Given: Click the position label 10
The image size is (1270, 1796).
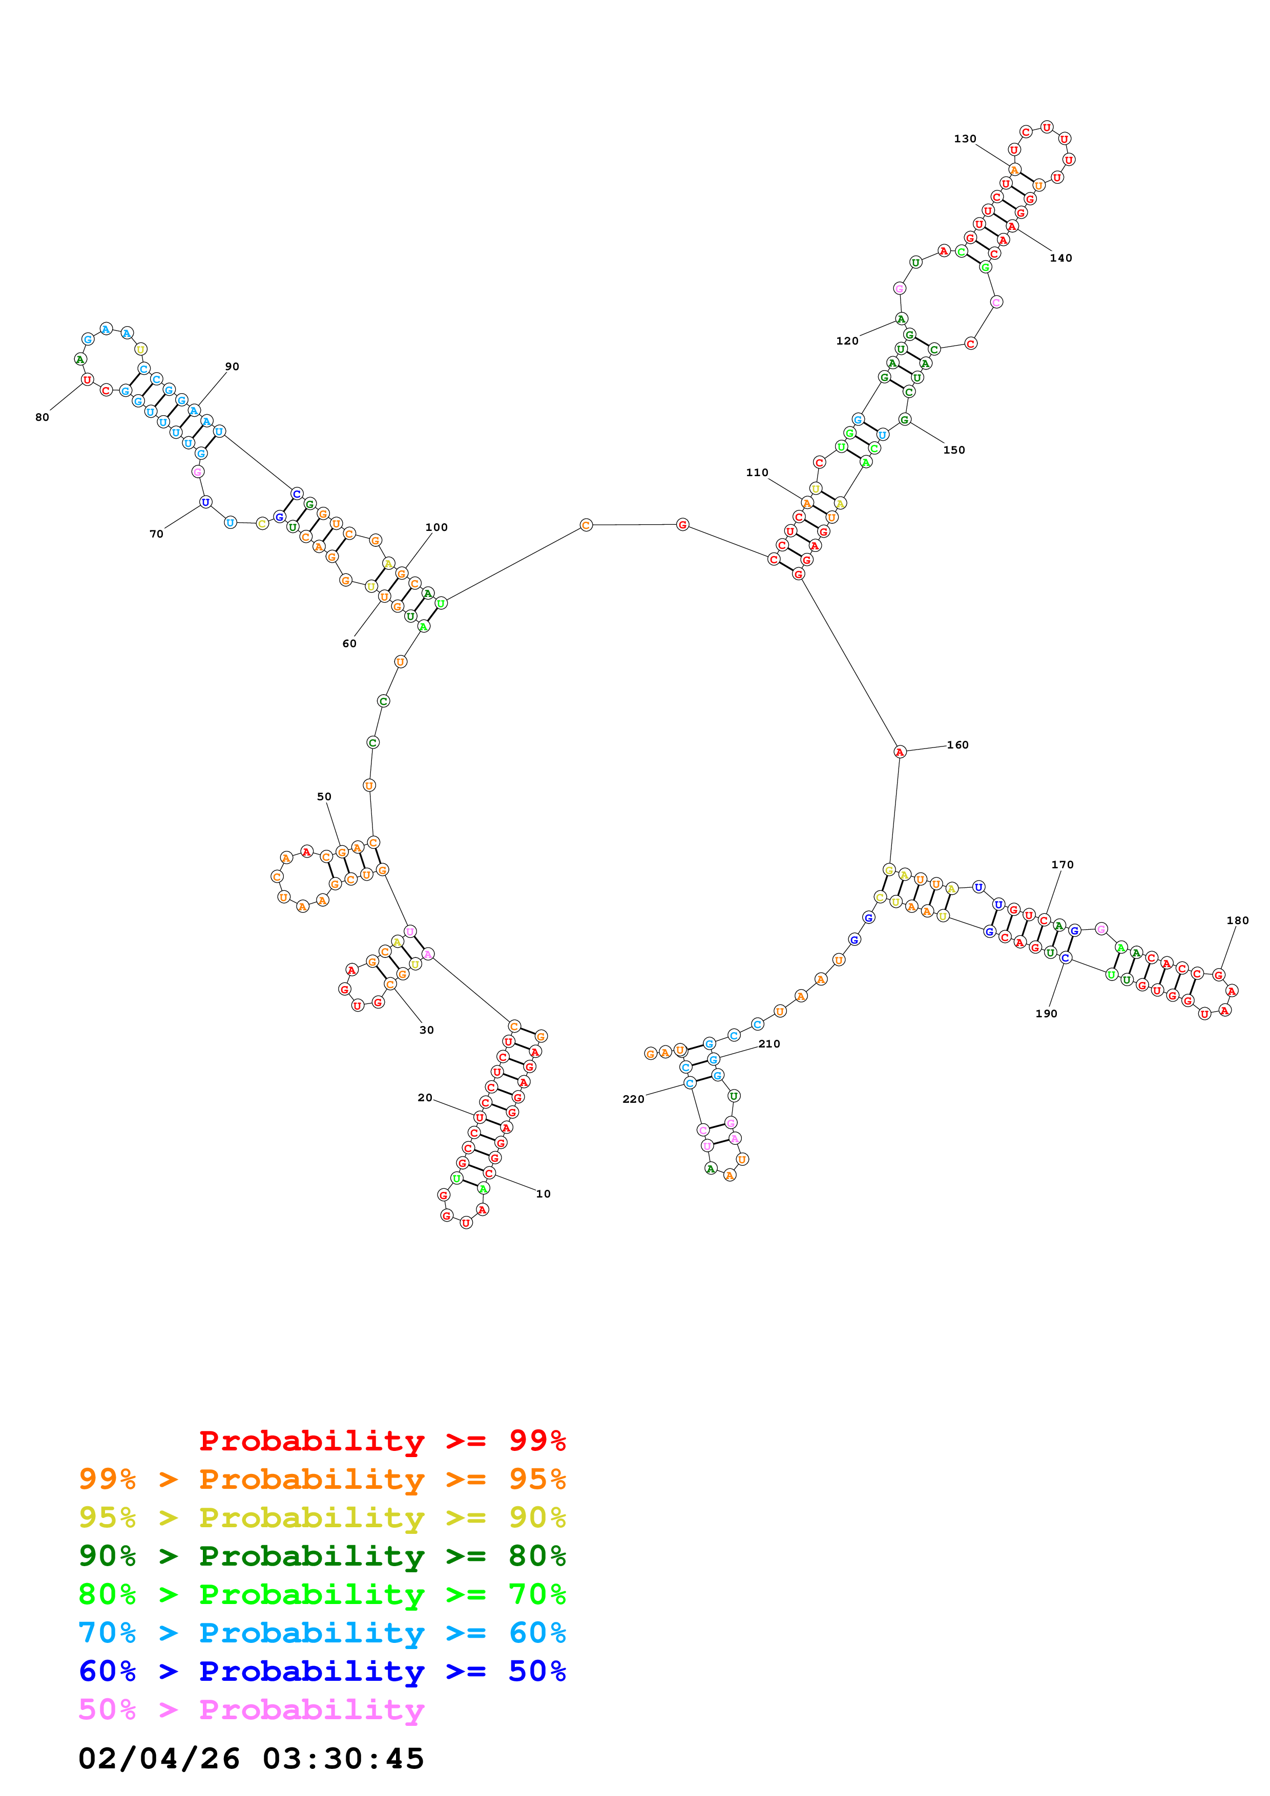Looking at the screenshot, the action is (x=543, y=1194).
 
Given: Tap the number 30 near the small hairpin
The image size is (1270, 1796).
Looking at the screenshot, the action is (x=426, y=1030).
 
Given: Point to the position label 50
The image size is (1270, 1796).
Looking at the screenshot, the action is (x=324, y=796).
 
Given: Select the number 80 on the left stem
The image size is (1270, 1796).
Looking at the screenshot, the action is (x=42, y=417).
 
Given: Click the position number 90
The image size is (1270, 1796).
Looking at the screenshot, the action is (x=233, y=366).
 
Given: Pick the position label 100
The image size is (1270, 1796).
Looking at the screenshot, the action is (x=436, y=527).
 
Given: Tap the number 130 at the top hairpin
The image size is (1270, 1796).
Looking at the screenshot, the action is (x=965, y=138).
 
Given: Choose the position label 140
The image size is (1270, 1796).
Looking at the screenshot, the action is (x=1061, y=258).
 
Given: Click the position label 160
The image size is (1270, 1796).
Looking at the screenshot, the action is (x=958, y=745).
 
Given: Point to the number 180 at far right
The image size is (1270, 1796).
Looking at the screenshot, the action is (x=1238, y=920).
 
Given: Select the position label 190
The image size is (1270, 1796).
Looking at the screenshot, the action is (x=1046, y=1014).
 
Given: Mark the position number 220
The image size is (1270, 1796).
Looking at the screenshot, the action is (x=634, y=1099).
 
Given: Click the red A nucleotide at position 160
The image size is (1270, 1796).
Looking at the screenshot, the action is (x=900, y=752).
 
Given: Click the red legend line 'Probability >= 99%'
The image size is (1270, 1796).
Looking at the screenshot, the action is (x=382, y=1441).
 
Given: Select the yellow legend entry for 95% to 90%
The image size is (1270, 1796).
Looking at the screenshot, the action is (x=322, y=1517).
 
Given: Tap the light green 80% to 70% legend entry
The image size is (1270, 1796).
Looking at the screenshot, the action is (x=322, y=1594).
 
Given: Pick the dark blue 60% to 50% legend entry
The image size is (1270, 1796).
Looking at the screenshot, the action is (x=322, y=1671).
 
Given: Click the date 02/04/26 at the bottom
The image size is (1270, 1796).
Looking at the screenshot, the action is (x=159, y=1759).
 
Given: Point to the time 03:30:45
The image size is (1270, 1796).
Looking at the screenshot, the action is (x=344, y=1759).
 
